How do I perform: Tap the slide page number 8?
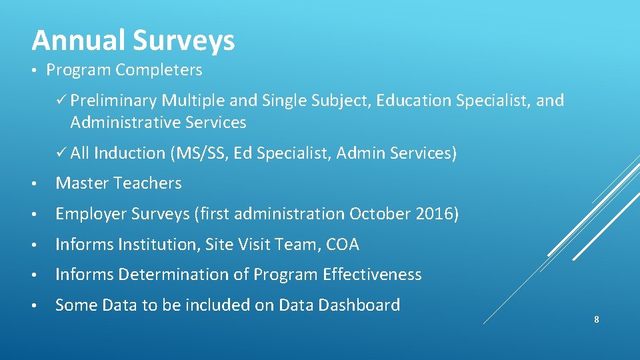[x=596, y=320]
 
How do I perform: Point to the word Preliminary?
[x=113, y=101]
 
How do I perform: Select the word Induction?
[x=129, y=153]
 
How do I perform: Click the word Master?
[x=81, y=183]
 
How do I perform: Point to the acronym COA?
[x=343, y=245]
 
